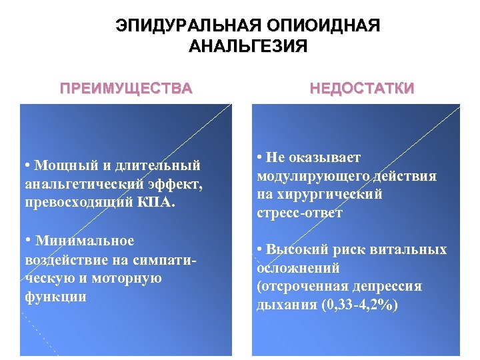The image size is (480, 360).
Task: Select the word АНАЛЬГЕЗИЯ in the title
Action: [x=248, y=47]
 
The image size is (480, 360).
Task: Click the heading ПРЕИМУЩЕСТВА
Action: [x=126, y=88]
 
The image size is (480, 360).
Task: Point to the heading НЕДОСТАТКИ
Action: [x=361, y=88]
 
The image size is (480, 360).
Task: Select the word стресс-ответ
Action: [x=300, y=213]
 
